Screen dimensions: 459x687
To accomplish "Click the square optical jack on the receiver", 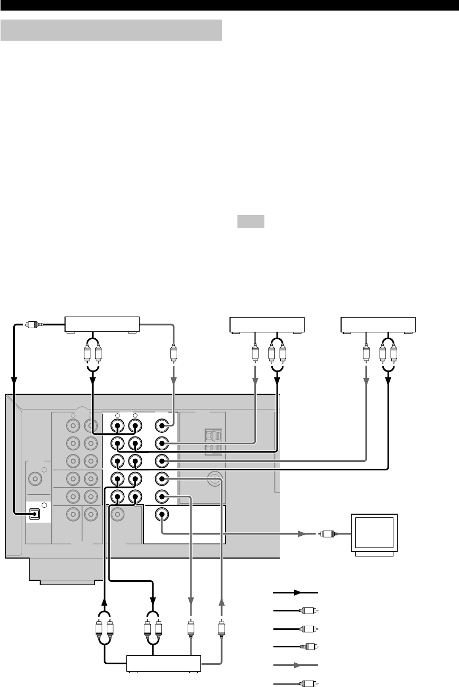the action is [x=36, y=513].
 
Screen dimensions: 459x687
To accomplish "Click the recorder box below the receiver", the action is [x=164, y=663].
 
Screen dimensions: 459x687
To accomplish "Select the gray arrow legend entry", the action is [x=295, y=663].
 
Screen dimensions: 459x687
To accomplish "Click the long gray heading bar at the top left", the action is [x=111, y=30].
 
